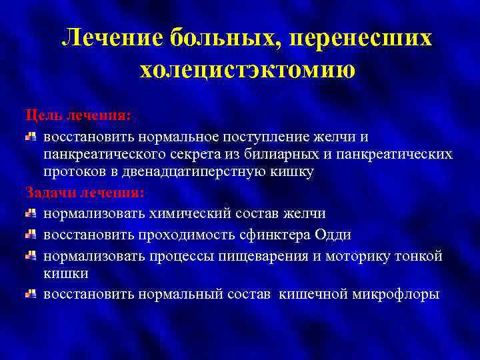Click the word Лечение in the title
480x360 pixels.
pyautogui.click(x=111, y=39)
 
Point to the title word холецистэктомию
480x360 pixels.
pyautogui.click(x=247, y=69)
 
